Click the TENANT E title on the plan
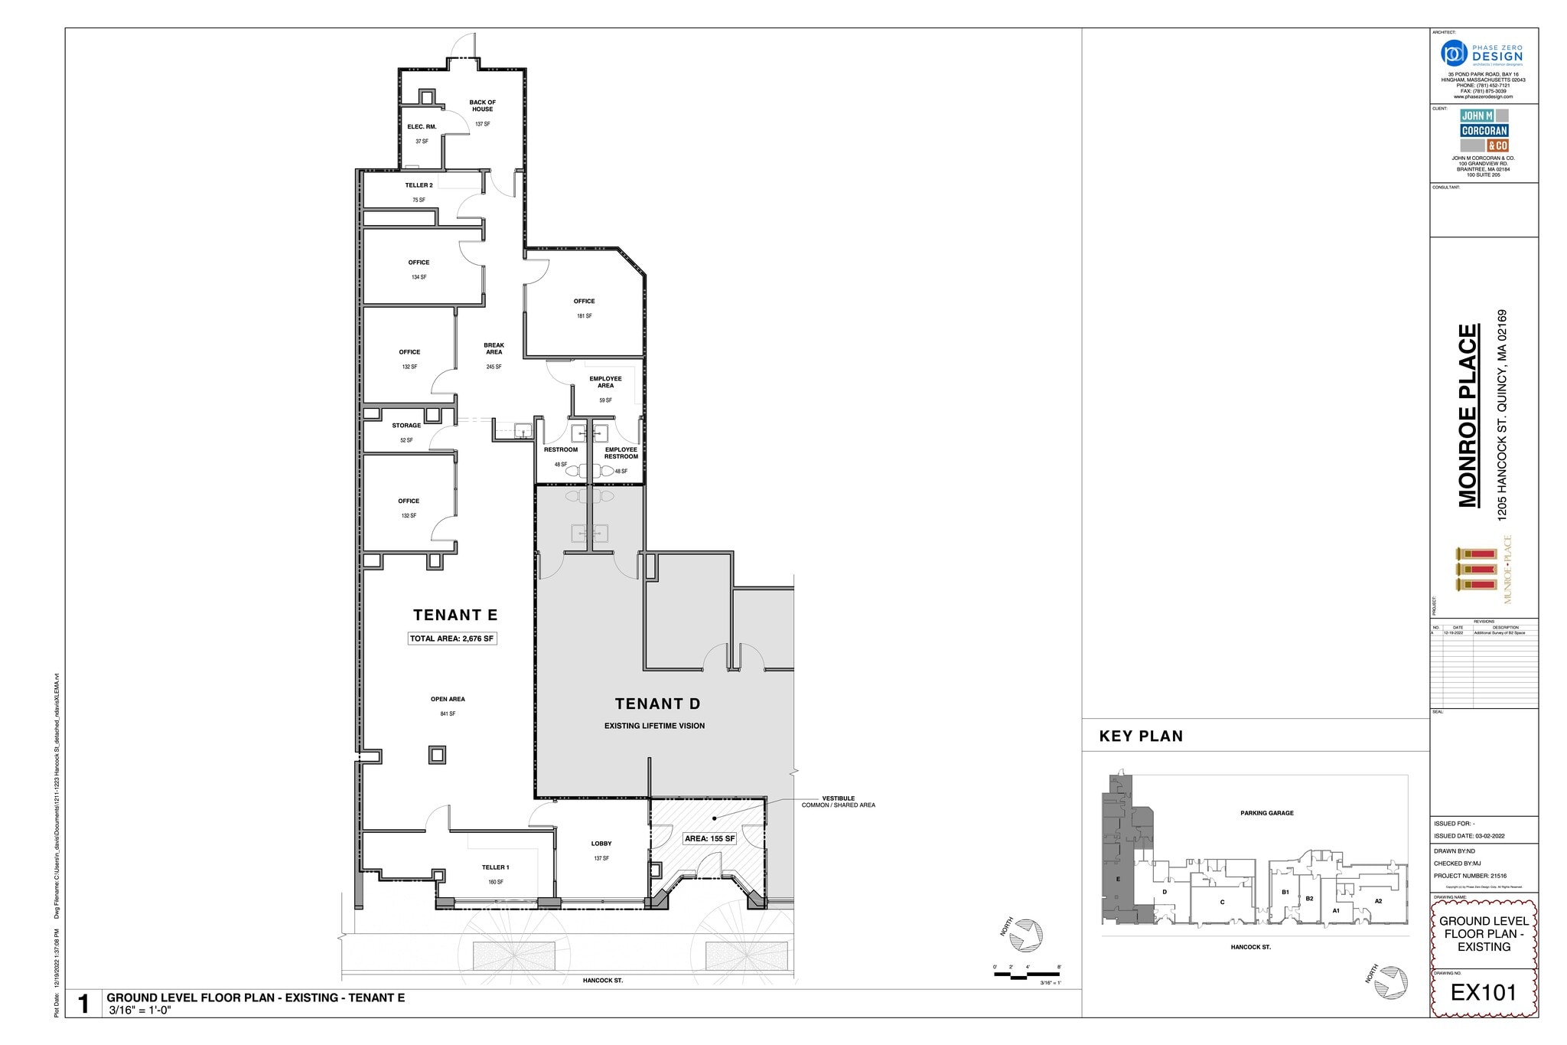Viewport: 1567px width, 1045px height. [x=455, y=615]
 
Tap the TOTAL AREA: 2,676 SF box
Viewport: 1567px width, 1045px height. [x=452, y=638]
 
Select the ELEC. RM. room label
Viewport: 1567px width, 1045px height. [x=422, y=127]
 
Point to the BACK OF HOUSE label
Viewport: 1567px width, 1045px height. [x=482, y=106]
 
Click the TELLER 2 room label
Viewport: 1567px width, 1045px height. [x=419, y=185]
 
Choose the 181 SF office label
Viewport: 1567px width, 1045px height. [x=584, y=302]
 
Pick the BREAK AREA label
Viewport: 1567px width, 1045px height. [x=494, y=348]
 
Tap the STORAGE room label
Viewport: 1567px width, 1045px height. [x=406, y=426]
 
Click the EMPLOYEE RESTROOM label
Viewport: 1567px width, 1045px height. [x=621, y=453]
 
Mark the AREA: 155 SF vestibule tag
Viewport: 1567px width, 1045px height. [x=709, y=839]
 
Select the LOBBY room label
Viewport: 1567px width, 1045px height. [x=601, y=844]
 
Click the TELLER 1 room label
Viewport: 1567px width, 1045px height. [x=495, y=867]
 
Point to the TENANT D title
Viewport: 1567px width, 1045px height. [x=657, y=704]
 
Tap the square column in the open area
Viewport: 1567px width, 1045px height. [x=437, y=755]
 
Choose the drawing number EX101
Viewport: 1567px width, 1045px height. [x=1483, y=992]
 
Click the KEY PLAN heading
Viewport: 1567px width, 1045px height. [x=1141, y=736]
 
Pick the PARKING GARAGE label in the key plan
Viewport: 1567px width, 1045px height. [x=1266, y=813]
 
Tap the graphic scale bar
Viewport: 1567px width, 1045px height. [x=1027, y=975]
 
